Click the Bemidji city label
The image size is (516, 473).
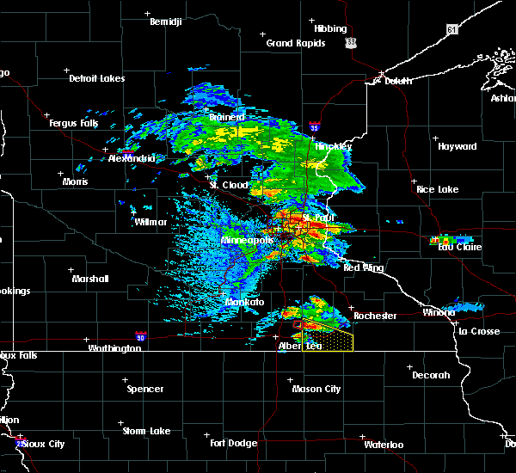(x=167, y=21)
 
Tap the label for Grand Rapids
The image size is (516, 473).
(x=295, y=43)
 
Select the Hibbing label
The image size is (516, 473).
(x=330, y=28)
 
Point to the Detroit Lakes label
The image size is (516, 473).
(x=96, y=78)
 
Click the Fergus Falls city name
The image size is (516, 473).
(x=77, y=124)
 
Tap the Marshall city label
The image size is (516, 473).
(x=90, y=279)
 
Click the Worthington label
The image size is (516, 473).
(x=114, y=348)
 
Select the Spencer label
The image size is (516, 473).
(x=144, y=389)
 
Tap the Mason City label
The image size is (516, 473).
(x=316, y=389)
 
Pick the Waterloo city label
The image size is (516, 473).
(x=383, y=445)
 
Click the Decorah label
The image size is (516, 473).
(x=430, y=375)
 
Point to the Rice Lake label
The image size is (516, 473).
(x=437, y=188)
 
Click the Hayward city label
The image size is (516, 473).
(x=457, y=146)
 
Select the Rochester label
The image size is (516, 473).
(x=375, y=316)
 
